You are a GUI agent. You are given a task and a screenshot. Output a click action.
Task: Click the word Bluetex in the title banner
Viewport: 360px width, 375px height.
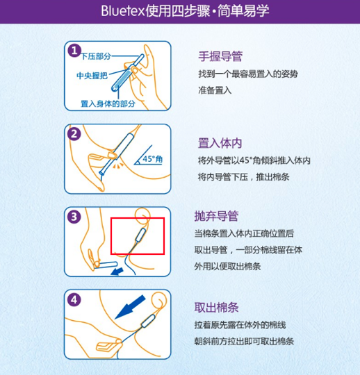click(x=123, y=11)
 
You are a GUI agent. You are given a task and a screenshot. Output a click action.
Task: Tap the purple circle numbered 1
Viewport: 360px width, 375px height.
click(x=74, y=51)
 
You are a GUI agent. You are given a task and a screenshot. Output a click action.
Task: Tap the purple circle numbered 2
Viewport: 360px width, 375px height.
click(x=74, y=134)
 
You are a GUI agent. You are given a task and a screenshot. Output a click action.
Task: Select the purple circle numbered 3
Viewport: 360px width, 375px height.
click(x=74, y=217)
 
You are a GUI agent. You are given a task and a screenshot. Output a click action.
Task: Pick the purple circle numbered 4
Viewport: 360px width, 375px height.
click(x=74, y=300)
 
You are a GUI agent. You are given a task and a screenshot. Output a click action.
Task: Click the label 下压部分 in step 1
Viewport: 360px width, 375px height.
click(x=96, y=56)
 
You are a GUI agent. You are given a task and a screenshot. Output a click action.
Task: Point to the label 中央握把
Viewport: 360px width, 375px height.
click(x=92, y=76)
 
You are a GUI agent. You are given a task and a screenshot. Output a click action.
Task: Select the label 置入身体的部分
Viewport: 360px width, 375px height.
click(x=108, y=103)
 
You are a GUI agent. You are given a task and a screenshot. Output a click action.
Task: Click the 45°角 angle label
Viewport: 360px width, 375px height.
click(x=153, y=159)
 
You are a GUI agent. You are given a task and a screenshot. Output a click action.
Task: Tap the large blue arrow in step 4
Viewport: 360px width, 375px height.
click(x=130, y=307)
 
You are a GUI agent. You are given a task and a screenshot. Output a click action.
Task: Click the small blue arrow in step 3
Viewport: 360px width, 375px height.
click(x=117, y=272)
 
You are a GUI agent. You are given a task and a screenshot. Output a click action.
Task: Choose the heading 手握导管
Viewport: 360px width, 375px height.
click(x=220, y=56)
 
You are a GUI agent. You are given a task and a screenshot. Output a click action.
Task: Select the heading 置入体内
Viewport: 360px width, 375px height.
click(x=220, y=143)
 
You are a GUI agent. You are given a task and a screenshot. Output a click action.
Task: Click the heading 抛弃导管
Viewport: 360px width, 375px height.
click(x=216, y=216)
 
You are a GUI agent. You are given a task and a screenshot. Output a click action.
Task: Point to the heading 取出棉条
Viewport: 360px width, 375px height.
click(x=216, y=308)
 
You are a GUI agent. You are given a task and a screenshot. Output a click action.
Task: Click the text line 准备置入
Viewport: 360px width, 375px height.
click(x=215, y=90)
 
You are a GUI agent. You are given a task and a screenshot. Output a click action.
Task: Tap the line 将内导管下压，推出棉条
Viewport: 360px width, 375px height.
click(x=244, y=177)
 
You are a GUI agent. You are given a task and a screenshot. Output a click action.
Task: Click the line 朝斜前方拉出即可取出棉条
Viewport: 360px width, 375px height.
click(x=244, y=342)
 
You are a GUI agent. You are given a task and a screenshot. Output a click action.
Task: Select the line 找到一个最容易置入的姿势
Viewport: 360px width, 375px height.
click(x=248, y=74)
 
